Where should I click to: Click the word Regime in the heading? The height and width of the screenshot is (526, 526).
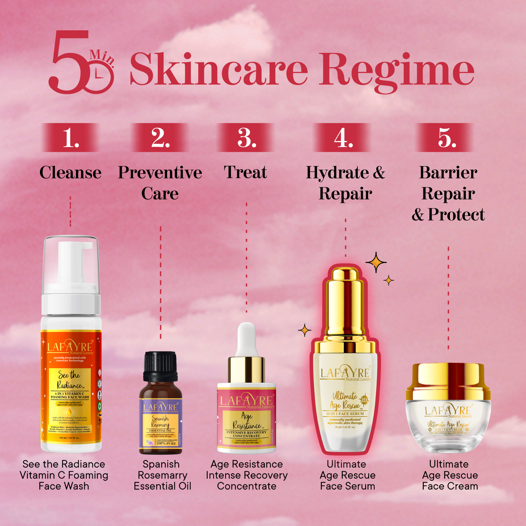tap(396, 70)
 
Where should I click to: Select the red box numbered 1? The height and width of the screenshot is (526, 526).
tap(70, 138)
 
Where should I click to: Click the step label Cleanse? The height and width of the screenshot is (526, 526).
tap(70, 173)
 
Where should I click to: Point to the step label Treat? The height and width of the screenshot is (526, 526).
tap(245, 173)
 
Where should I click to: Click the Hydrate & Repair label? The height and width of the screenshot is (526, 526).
tap(345, 183)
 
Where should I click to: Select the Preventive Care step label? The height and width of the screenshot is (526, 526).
tap(160, 183)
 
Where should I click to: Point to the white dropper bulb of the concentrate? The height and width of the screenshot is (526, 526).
tap(246, 339)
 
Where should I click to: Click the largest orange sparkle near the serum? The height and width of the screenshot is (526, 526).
tap(376, 262)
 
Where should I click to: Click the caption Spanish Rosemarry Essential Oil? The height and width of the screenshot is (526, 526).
tap(162, 475)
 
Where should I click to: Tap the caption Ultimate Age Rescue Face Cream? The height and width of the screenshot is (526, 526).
tap(450, 475)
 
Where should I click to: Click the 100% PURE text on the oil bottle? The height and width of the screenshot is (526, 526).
tap(166, 443)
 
